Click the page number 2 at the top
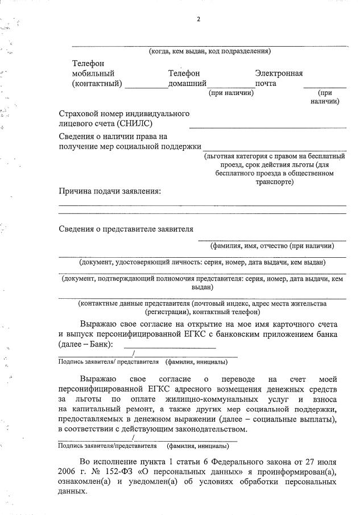point(198,19)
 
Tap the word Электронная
point(279,73)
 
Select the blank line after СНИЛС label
point(267,127)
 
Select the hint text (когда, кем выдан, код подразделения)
point(209,51)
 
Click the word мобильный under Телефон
point(94,73)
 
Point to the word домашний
point(187,84)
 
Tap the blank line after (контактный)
point(146,88)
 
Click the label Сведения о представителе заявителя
point(126,229)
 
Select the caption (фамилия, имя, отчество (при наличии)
point(272,246)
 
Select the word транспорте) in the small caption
point(275,182)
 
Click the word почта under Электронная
point(266,84)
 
